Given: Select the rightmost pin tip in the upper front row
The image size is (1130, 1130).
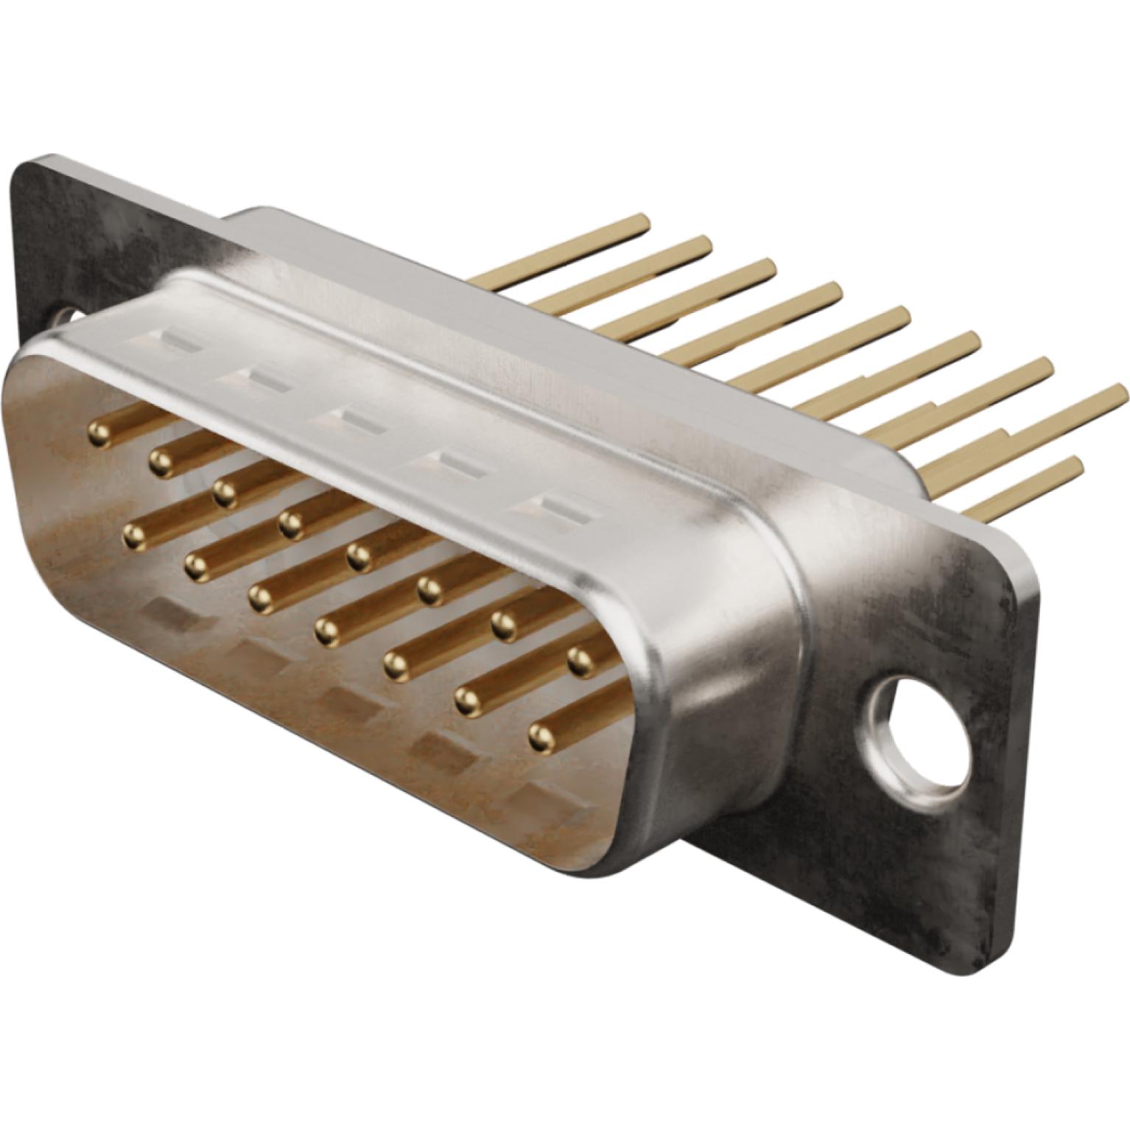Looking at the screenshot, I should (581, 660).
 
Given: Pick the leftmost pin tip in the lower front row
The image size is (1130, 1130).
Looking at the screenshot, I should (134, 537).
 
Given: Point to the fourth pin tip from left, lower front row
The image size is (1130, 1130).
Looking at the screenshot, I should (326, 631).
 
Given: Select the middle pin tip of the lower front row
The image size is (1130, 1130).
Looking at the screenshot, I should (326, 631).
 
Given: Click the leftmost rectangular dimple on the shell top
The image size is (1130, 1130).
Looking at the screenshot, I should (173, 342).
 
